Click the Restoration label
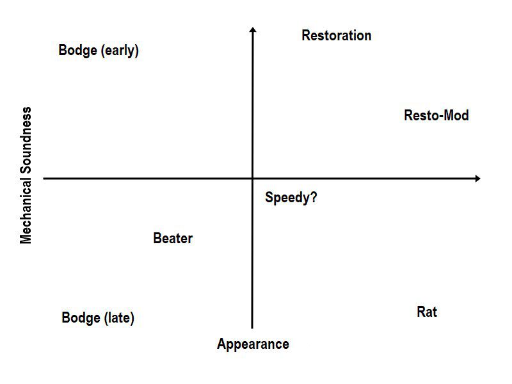click(337, 35)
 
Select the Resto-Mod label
click(436, 115)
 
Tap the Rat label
click(427, 312)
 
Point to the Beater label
click(173, 238)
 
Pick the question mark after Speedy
click(313, 197)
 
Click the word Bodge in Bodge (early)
click(77, 51)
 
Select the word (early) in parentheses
click(120, 51)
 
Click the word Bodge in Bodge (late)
click(81, 317)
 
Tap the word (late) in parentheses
click(119, 318)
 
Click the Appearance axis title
click(253, 344)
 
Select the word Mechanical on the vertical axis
click(26, 210)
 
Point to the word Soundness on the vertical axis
click(26, 140)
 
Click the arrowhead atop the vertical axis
click(253, 29)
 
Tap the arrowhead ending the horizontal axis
click(477, 179)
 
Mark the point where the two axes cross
click(252, 179)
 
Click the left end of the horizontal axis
click(44, 179)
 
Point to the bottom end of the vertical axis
click(252, 328)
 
